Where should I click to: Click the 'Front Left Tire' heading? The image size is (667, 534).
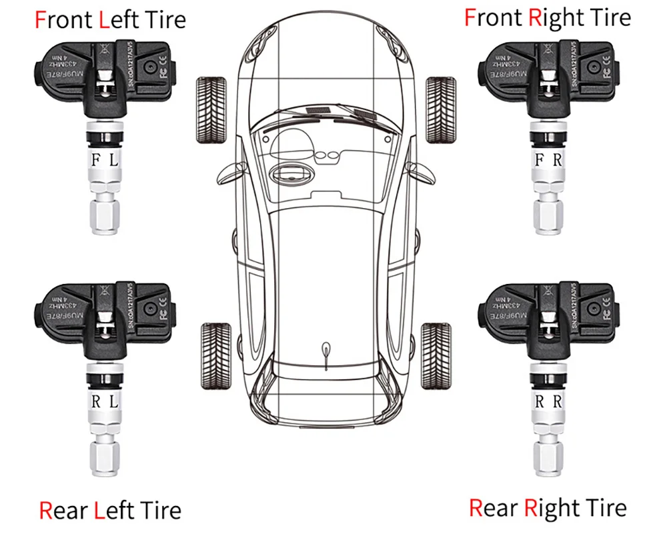pyautogui.click(x=110, y=19)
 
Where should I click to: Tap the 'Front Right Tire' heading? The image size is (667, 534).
pyautogui.click(x=547, y=17)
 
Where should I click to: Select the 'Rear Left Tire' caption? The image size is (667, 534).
pyautogui.click(x=110, y=511)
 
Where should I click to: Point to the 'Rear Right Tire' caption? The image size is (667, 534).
pyautogui.click(x=547, y=508)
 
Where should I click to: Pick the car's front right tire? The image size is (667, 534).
pyautogui.click(x=440, y=109)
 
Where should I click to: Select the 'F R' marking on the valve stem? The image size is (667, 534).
pyautogui.click(x=548, y=161)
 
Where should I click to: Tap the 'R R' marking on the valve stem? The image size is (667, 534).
pyautogui.click(x=548, y=402)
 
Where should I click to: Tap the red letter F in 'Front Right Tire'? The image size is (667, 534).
pyautogui.click(x=470, y=17)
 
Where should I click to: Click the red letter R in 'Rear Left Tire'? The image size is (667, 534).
pyautogui.click(x=45, y=511)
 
